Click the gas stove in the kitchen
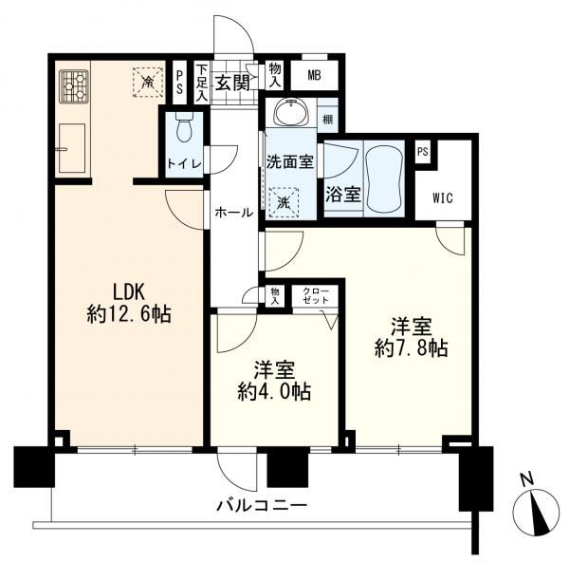click(74, 87)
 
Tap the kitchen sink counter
click(72, 148)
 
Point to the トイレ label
click(184, 162)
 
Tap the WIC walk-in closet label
click(443, 198)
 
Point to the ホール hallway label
click(232, 213)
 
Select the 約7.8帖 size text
click(412, 349)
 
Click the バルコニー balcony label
click(262, 506)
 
